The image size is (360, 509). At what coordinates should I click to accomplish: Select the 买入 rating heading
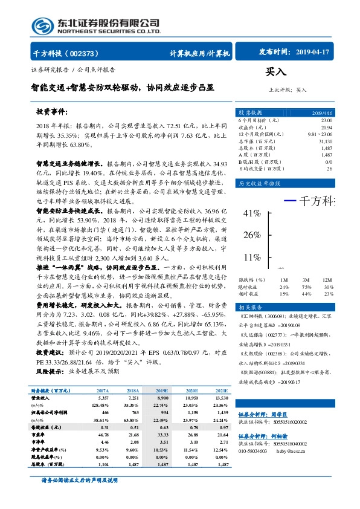coord(275,71)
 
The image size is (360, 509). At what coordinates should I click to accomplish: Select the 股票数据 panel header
coord(250,113)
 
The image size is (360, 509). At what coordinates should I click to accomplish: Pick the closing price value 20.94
coord(327,127)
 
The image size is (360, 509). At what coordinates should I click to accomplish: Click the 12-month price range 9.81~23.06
coord(320,134)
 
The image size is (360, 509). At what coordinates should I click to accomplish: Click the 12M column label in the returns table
coord(328,279)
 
